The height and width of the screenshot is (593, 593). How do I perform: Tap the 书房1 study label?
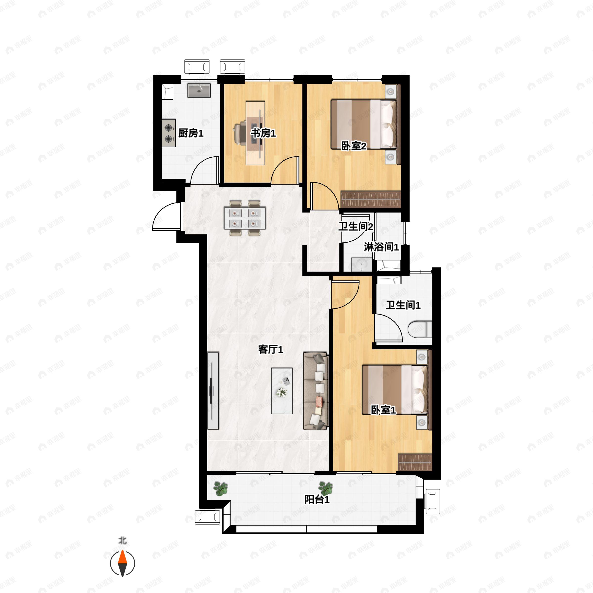[263, 133]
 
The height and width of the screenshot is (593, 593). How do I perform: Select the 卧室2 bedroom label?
[354, 146]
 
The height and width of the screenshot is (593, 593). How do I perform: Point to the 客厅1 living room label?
[270, 349]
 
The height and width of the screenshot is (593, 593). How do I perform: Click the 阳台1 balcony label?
[317, 499]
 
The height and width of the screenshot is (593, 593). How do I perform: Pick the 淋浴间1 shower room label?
[381, 247]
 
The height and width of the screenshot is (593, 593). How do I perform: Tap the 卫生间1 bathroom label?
[403, 305]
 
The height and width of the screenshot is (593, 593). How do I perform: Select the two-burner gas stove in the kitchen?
[169, 133]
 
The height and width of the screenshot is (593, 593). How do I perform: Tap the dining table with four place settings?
[245, 218]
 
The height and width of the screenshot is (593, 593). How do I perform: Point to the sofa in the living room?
[316, 391]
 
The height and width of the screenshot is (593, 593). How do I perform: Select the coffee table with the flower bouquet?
[282, 391]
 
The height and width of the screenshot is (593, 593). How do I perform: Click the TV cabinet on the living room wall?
[213, 391]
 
